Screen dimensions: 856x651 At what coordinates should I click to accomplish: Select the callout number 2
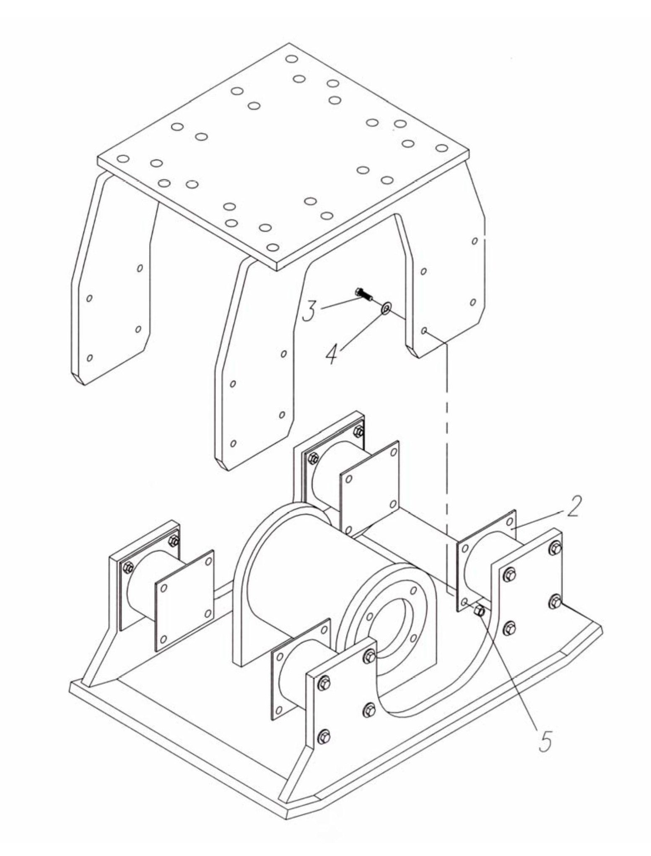(572, 506)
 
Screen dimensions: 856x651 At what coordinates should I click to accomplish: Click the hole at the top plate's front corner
(272, 247)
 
